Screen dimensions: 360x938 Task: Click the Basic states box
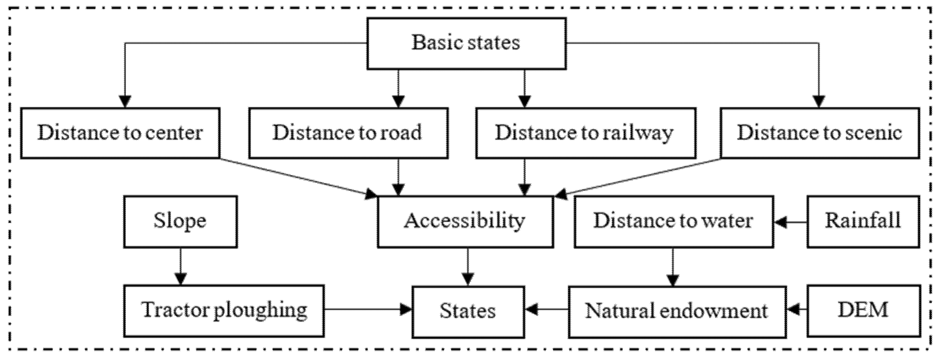(466, 43)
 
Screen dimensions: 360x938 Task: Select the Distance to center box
(120, 133)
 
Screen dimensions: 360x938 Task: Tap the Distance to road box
(348, 133)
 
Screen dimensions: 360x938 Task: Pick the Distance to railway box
(585, 133)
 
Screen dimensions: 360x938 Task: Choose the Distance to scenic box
(819, 133)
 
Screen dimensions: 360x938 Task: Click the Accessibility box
(465, 221)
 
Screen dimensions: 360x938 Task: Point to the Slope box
(180, 221)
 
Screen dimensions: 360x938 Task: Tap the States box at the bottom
(468, 312)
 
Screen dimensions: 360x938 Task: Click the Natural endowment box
(676, 312)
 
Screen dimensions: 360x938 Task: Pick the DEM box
(863, 311)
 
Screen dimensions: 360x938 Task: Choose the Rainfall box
(863, 221)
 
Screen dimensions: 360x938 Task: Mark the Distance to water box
(674, 221)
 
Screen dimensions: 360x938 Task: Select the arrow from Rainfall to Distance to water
(790, 222)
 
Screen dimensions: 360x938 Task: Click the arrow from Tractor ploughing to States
(368, 310)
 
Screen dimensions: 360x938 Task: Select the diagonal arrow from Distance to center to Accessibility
(299, 178)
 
